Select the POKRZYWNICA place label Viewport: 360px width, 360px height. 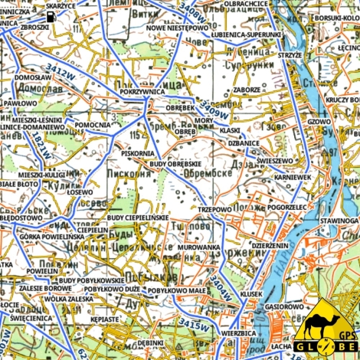point(142,90)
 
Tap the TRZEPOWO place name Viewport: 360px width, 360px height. point(214,208)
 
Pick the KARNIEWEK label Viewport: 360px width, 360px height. point(293,177)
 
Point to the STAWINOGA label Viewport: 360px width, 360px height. point(339,221)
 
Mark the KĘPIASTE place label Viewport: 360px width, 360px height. point(104,317)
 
